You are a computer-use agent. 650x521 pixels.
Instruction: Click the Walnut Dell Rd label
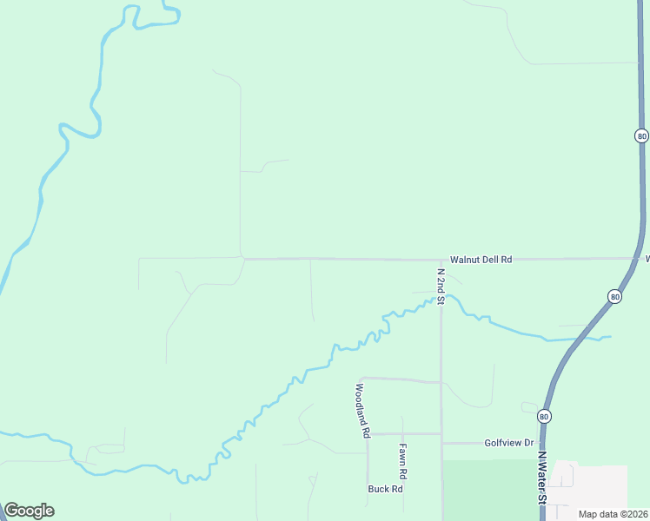point(481,260)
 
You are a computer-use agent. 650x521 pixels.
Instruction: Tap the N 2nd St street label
point(441,287)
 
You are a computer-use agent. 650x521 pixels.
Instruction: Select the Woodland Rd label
point(362,409)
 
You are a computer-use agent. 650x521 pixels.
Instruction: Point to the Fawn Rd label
point(402,463)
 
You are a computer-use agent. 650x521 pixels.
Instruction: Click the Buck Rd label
point(385,489)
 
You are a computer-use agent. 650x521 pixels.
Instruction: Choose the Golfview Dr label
point(509,443)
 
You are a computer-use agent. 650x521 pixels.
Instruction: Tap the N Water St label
point(541,477)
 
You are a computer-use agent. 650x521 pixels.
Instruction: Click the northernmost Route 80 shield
point(641,135)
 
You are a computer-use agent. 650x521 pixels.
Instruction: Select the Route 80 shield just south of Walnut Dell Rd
point(615,297)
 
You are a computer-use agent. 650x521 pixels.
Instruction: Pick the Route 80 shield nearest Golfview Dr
point(544,416)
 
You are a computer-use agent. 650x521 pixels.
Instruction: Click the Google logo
point(29,511)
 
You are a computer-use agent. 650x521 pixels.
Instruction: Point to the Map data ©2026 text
point(613,514)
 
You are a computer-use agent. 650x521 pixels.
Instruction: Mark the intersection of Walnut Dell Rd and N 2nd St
point(441,260)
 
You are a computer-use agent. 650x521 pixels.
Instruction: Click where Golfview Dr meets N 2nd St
point(441,443)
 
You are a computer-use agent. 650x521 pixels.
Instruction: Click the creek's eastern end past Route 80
point(610,336)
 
